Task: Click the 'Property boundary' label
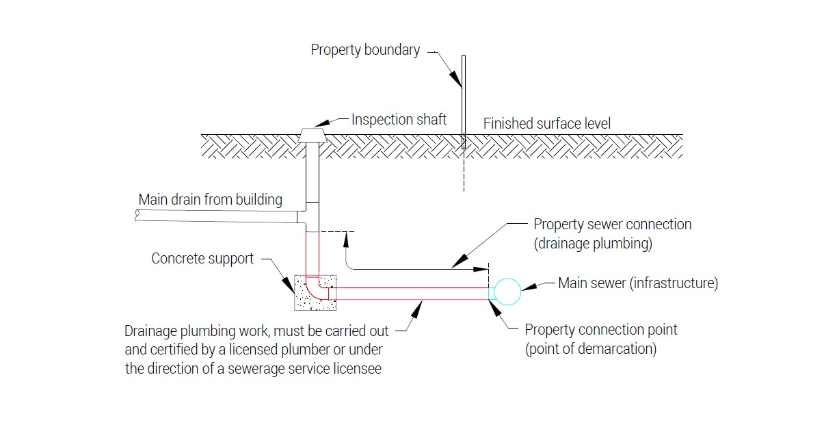tap(365, 50)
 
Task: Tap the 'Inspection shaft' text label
tap(399, 120)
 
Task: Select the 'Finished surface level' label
tap(547, 124)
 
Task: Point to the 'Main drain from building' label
tap(210, 200)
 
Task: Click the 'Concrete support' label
tap(202, 259)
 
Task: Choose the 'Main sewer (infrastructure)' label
tap(638, 283)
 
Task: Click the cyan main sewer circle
tap(507, 292)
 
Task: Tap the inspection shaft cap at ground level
tap(312, 136)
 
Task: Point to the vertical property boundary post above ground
tap(463, 96)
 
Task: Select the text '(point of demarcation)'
tap(591, 348)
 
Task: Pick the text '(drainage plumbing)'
tap(592, 243)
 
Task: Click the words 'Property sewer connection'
tap(612, 224)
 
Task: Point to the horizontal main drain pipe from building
tap(219, 216)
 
